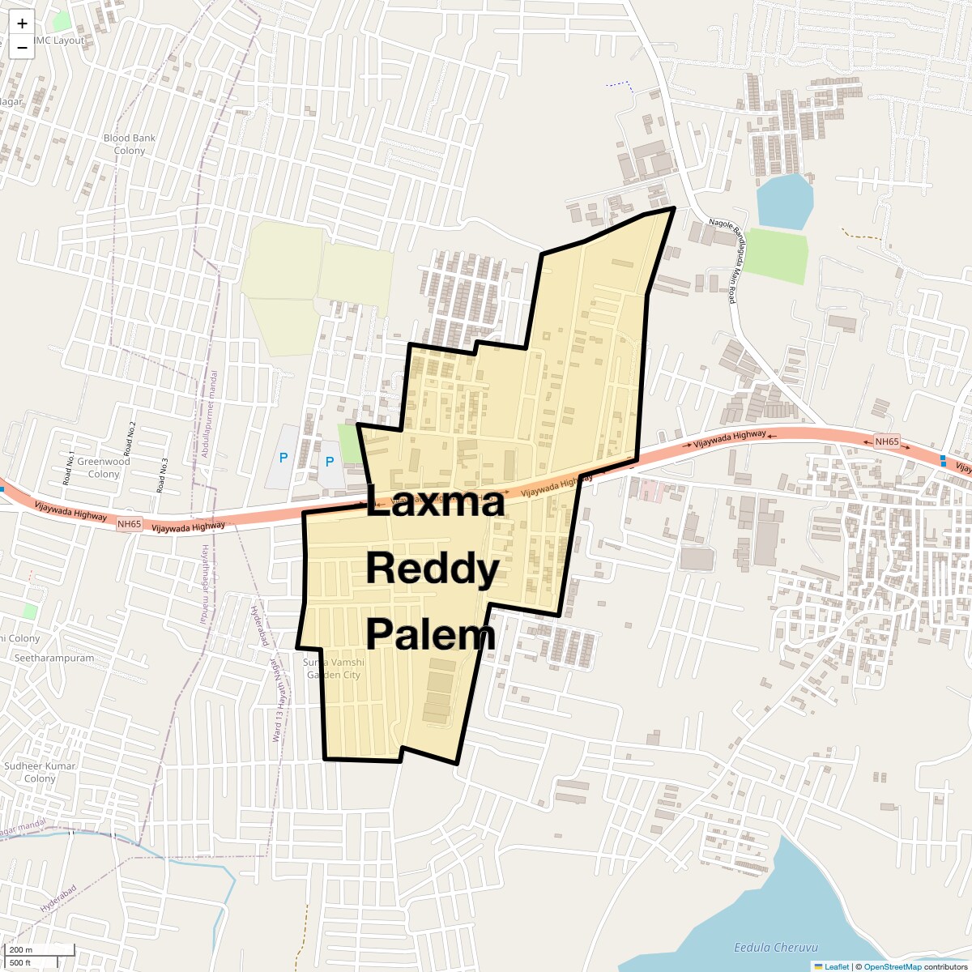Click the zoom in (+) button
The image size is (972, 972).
[22, 23]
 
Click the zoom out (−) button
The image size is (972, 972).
[22, 48]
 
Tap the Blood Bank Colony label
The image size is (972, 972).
[129, 144]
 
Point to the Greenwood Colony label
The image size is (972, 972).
[104, 467]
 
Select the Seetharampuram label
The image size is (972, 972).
[53, 658]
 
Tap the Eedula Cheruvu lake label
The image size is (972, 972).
[776, 947]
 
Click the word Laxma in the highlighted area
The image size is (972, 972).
[436, 503]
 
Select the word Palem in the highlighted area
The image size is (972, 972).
[430, 634]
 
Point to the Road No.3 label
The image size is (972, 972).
[163, 476]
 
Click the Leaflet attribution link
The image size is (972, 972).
[836, 966]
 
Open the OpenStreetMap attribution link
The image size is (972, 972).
[892, 966]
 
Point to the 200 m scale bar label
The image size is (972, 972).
[21, 949]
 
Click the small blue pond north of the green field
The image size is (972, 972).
[783, 200]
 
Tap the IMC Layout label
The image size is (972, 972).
[58, 40]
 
